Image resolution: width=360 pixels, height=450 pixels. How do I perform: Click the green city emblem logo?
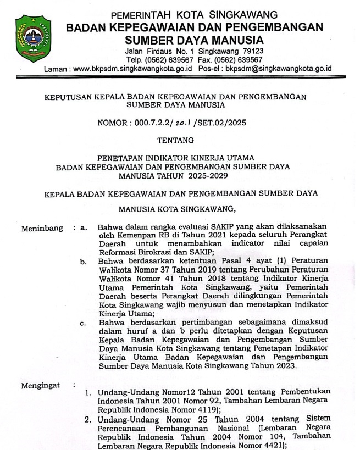click(x=35, y=39)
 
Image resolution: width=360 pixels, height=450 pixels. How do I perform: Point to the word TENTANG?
click(x=180, y=141)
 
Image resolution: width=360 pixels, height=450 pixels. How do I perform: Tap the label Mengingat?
click(x=41, y=385)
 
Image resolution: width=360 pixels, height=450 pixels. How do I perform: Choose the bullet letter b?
click(x=83, y=262)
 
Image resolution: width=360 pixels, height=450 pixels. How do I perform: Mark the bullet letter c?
click(x=83, y=323)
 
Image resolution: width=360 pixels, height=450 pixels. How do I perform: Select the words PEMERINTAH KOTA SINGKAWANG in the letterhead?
click(x=194, y=14)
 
